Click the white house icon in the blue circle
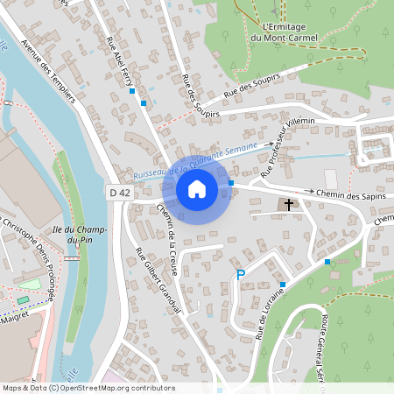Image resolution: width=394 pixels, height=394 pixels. click(197, 188)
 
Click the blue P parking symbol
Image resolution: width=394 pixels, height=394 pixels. click(241, 276)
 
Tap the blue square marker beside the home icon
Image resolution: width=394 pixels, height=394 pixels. click(231, 183)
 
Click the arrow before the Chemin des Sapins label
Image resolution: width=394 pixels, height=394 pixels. click(309, 191)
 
